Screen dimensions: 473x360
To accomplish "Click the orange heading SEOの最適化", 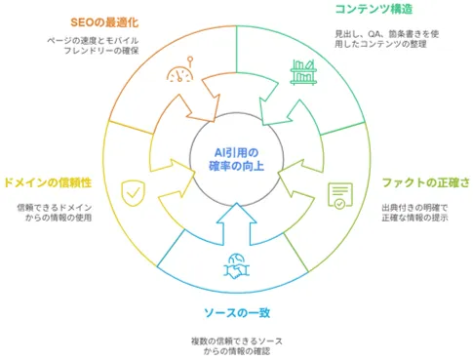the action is tap(104, 22).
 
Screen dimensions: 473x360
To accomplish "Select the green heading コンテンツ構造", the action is tap(374, 9).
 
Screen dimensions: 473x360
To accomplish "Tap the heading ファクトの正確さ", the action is tap(426, 182).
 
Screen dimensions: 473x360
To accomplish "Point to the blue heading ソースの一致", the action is tap(237, 313).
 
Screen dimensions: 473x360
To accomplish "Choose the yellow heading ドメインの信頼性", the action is tap(48, 182).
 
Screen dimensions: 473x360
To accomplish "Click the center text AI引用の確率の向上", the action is tap(237, 159).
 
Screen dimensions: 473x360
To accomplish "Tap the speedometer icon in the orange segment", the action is tap(180, 69).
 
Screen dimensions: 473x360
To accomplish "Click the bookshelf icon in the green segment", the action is tap(303, 72).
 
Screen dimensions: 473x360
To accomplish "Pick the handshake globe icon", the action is tap(237, 266).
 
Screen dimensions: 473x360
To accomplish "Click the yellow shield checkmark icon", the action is tap(134, 194).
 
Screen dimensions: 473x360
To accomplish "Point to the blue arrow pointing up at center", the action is tap(237, 224).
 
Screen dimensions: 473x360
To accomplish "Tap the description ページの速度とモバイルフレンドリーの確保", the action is tap(93, 46).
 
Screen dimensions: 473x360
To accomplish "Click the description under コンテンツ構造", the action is tap(387, 39).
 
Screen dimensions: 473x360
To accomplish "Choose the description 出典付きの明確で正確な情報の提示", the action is tap(414, 213).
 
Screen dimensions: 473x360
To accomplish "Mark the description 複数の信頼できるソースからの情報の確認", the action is tap(237, 346).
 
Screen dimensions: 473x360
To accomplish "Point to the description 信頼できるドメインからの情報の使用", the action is tap(55, 213).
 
